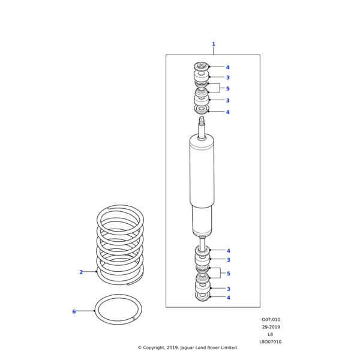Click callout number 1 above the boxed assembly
click(x=213, y=44)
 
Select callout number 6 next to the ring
click(x=74, y=311)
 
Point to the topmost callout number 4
click(x=227, y=67)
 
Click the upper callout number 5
click(x=227, y=89)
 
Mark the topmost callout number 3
click(x=227, y=77)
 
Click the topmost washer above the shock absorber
click(x=201, y=66)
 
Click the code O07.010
click(x=271, y=320)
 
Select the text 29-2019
click(x=271, y=327)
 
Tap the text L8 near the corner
click(x=270, y=334)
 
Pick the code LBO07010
click(x=271, y=341)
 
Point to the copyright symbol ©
click(x=139, y=347)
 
